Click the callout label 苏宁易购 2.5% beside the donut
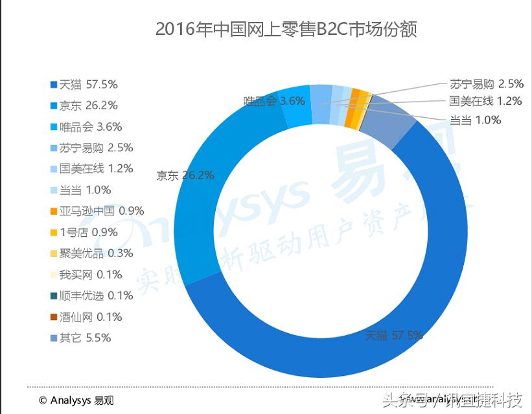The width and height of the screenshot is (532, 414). tap(476, 84)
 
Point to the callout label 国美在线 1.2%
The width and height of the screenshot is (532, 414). tap(476, 101)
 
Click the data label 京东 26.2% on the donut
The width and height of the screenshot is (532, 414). tap(185, 175)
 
